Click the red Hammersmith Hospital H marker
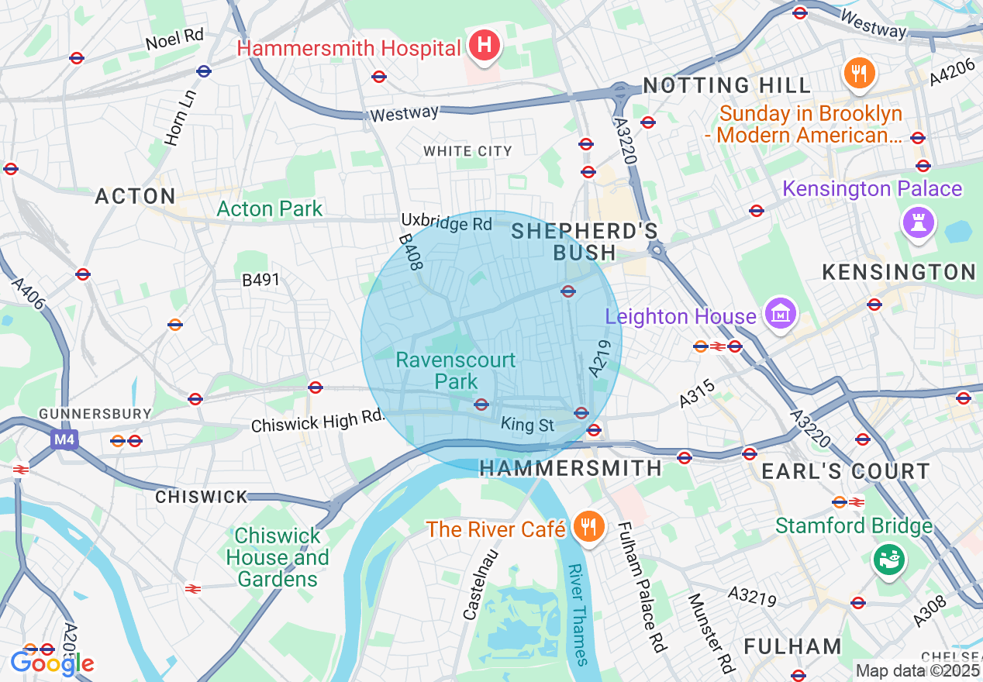tap(485, 45)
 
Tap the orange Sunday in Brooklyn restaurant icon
tap(860, 74)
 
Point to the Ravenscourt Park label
tap(455, 370)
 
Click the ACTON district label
tap(136, 197)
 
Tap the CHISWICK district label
tap(202, 497)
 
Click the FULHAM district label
tap(792, 646)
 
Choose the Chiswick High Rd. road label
tap(318, 422)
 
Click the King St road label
tap(528, 425)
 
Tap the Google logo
tap(52, 663)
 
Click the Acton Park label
tap(270, 209)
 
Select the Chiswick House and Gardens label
tap(278, 557)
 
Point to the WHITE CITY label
tap(467, 151)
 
